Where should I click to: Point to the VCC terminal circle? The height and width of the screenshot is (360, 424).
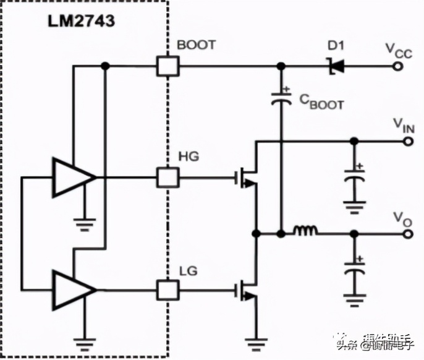[x=408, y=66]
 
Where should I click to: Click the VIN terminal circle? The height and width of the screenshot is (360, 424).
[x=408, y=141]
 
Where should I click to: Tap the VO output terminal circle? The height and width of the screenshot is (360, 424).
[x=408, y=234]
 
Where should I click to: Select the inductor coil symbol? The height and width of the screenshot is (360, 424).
[x=306, y=232]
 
